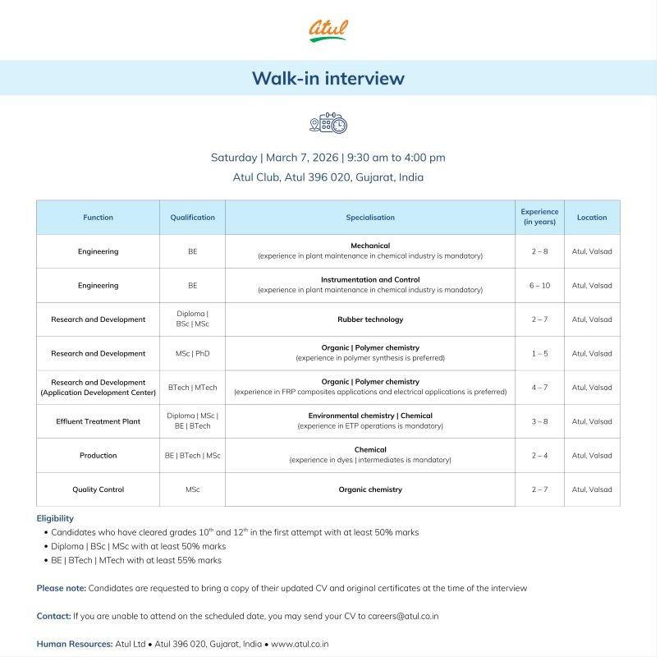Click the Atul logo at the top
328,30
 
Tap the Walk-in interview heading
328,78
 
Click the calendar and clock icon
328,123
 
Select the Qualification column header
192,218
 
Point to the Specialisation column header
369,218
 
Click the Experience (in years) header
539,218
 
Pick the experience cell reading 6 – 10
539,286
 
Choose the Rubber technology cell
369,319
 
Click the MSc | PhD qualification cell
192,353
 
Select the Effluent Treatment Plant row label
98,421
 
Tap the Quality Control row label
98,489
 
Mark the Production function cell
98,456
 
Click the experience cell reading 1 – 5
539,353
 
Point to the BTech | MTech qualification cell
192,388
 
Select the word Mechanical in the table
369,246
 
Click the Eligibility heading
55,518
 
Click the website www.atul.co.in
300,644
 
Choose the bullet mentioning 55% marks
135,560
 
